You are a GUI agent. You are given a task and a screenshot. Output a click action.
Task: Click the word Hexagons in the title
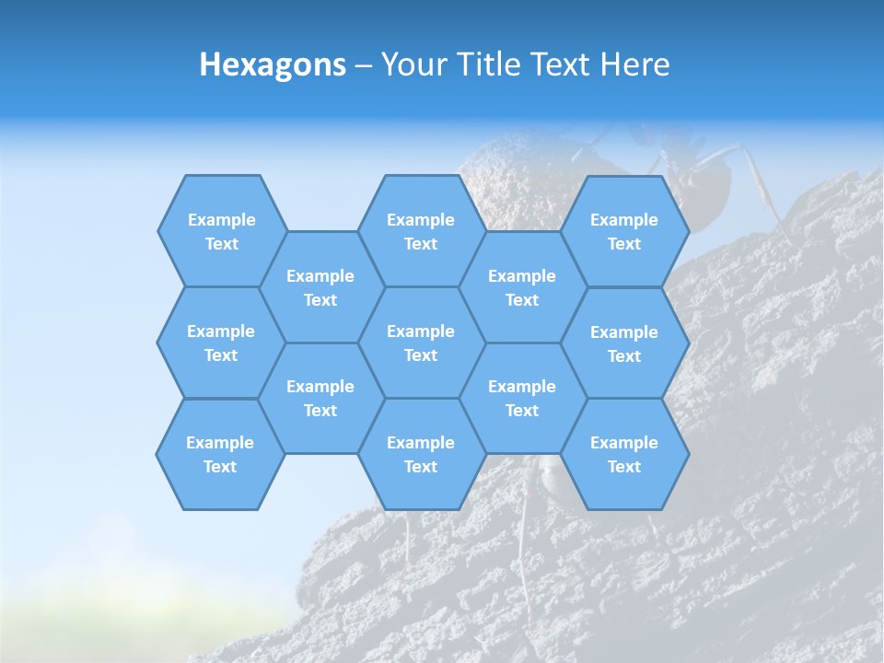tap(273, 64)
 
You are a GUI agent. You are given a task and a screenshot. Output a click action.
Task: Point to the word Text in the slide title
tap(561, 64)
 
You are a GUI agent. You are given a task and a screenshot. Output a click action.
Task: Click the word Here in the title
tap(634, 64)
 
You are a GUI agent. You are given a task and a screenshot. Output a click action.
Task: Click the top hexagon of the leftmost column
tap(222, 231)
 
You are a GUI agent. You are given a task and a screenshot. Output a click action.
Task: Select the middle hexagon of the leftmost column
tap(221, 343)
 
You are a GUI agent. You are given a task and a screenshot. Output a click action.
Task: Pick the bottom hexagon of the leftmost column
tap(220, 454)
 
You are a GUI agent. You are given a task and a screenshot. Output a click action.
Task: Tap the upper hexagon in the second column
tap(320, 287)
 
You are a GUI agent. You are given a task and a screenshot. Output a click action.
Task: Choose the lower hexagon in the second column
tap(320, 398)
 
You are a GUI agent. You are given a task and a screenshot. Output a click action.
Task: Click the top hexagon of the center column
tap(421, 231)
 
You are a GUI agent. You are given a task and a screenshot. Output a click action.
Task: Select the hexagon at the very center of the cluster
tap(421, 343)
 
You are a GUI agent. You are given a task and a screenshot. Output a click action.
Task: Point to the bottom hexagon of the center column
tap(421, 454)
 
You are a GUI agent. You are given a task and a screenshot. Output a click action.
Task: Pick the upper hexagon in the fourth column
tap(522, 287)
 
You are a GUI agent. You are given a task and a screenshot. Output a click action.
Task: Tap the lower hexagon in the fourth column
tap(522, 398)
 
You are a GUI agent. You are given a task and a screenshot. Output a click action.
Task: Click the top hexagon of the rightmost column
tap(624, 231)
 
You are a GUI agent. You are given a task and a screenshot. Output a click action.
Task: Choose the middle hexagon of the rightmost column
tap(624, 343)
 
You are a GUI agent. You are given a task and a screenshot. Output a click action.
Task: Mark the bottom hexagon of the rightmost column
tap(624, 454)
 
